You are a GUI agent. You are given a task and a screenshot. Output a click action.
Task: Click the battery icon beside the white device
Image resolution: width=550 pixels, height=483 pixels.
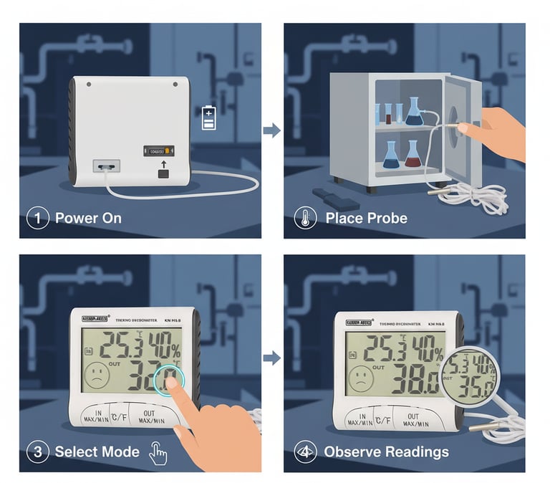(x=208, y=118)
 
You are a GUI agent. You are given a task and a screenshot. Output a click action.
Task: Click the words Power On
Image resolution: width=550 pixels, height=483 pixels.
(x=88, y=218)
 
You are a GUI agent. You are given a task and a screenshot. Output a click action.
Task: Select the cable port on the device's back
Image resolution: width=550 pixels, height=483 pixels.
(x=105, y=166)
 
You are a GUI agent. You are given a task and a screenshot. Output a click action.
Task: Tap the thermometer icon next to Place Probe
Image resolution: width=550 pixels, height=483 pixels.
(x=306, y=218)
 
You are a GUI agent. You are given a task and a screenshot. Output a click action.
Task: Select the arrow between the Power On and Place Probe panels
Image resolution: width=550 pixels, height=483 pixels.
(x=271, y=130)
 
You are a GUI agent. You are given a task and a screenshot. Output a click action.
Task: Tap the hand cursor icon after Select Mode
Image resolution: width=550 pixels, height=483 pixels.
(x=158, y=453)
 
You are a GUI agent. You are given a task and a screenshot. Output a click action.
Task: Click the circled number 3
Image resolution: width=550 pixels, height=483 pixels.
(x=37, y=452)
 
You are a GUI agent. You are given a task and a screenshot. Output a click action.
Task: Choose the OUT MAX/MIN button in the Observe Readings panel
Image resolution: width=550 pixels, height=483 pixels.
(x=413, y=420)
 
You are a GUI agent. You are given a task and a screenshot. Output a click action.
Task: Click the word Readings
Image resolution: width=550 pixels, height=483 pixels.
(x=417, y=452)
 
